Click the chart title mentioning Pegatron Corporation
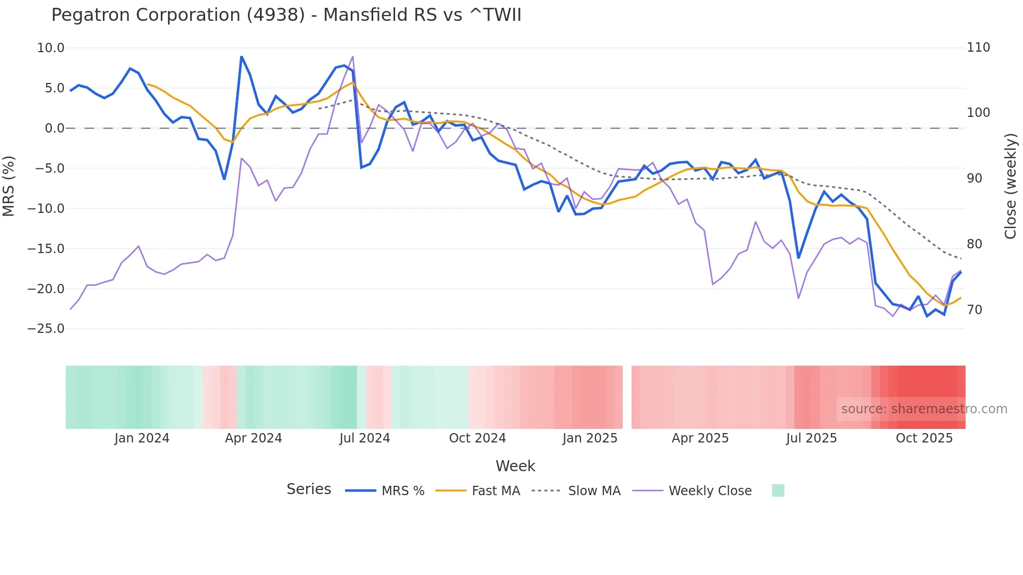coord(286,15)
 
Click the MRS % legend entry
coord(402,491)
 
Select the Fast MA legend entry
coord(495,491)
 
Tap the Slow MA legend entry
coord(594,491)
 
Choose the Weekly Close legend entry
coord(710,491)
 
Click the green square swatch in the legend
coord(778,490)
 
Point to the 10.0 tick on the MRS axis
coord(51,48)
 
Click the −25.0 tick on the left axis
coord(46,329)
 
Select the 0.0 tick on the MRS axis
coord(54,128)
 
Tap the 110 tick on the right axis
coord(978,47)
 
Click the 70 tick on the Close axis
coord(974,310)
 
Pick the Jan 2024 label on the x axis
coord(142,438)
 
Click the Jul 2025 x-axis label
coord(811,438)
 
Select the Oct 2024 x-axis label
coord(477,438)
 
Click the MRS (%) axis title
coord(9,186)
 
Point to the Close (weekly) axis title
coord(1010,186)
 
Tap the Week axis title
coord(515,466)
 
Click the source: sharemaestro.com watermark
coord(924,409)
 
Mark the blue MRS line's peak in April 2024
coord(241,56)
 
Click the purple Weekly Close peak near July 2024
coord(353,56)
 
